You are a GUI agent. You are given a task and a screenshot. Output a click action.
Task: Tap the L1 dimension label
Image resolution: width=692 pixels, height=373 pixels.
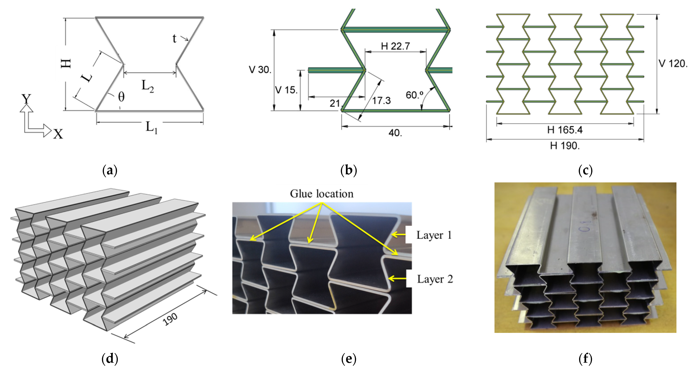[151, 127]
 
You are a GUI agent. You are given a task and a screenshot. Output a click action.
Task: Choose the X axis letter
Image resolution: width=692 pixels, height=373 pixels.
[58, 134]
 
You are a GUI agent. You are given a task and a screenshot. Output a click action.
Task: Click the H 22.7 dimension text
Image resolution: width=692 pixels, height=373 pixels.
[395, 46]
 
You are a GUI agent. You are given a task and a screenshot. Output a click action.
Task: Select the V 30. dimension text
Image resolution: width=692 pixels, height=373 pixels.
[260, 70]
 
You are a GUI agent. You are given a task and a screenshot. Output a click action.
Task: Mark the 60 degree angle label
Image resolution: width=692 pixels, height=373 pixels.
[414, 95]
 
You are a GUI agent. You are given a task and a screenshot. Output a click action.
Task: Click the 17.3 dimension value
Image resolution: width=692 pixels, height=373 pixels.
[381, 101]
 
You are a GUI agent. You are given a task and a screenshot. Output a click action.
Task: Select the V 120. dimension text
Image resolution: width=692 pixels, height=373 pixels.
[673, 64]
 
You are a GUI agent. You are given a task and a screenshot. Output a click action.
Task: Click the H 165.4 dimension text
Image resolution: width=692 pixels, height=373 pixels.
[565, 130]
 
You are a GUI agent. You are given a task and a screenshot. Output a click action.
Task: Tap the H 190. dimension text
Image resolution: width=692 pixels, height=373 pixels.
[565, 146]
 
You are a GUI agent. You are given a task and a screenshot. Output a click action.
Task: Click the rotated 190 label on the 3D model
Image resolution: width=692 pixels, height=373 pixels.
[170, 319]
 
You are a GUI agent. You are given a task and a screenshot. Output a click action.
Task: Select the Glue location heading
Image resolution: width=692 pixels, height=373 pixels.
[322, 194]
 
